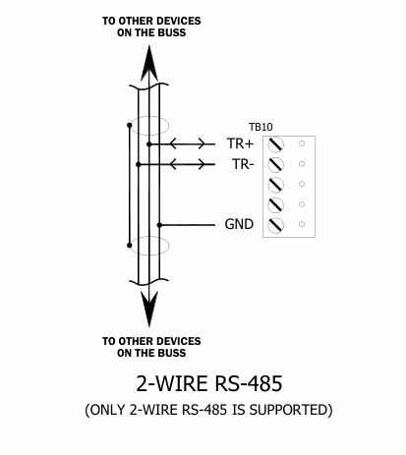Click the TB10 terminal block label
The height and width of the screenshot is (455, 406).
click(261, 127)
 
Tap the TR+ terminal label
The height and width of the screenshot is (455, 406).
click(240, 143)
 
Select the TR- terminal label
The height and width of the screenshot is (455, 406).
click(243, 164)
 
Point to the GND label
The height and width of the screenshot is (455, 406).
click(239, 224)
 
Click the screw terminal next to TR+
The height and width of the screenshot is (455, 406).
click(275, 144)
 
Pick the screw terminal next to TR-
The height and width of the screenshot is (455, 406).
click(275, 164)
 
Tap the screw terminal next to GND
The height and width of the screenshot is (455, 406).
click(275, 225)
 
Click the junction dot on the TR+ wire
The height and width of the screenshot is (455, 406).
click(149, 144)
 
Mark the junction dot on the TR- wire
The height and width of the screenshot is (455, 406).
click(139, 164)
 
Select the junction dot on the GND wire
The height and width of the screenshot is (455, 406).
click(159, 225)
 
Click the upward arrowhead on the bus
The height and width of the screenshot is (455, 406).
click(149, 63)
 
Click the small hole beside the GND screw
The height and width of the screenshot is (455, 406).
click(302, 224)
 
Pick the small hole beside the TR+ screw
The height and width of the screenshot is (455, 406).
click(302, 143)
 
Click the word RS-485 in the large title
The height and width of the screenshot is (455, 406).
click(249, 383)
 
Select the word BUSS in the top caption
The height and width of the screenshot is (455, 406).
click(172, 32)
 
